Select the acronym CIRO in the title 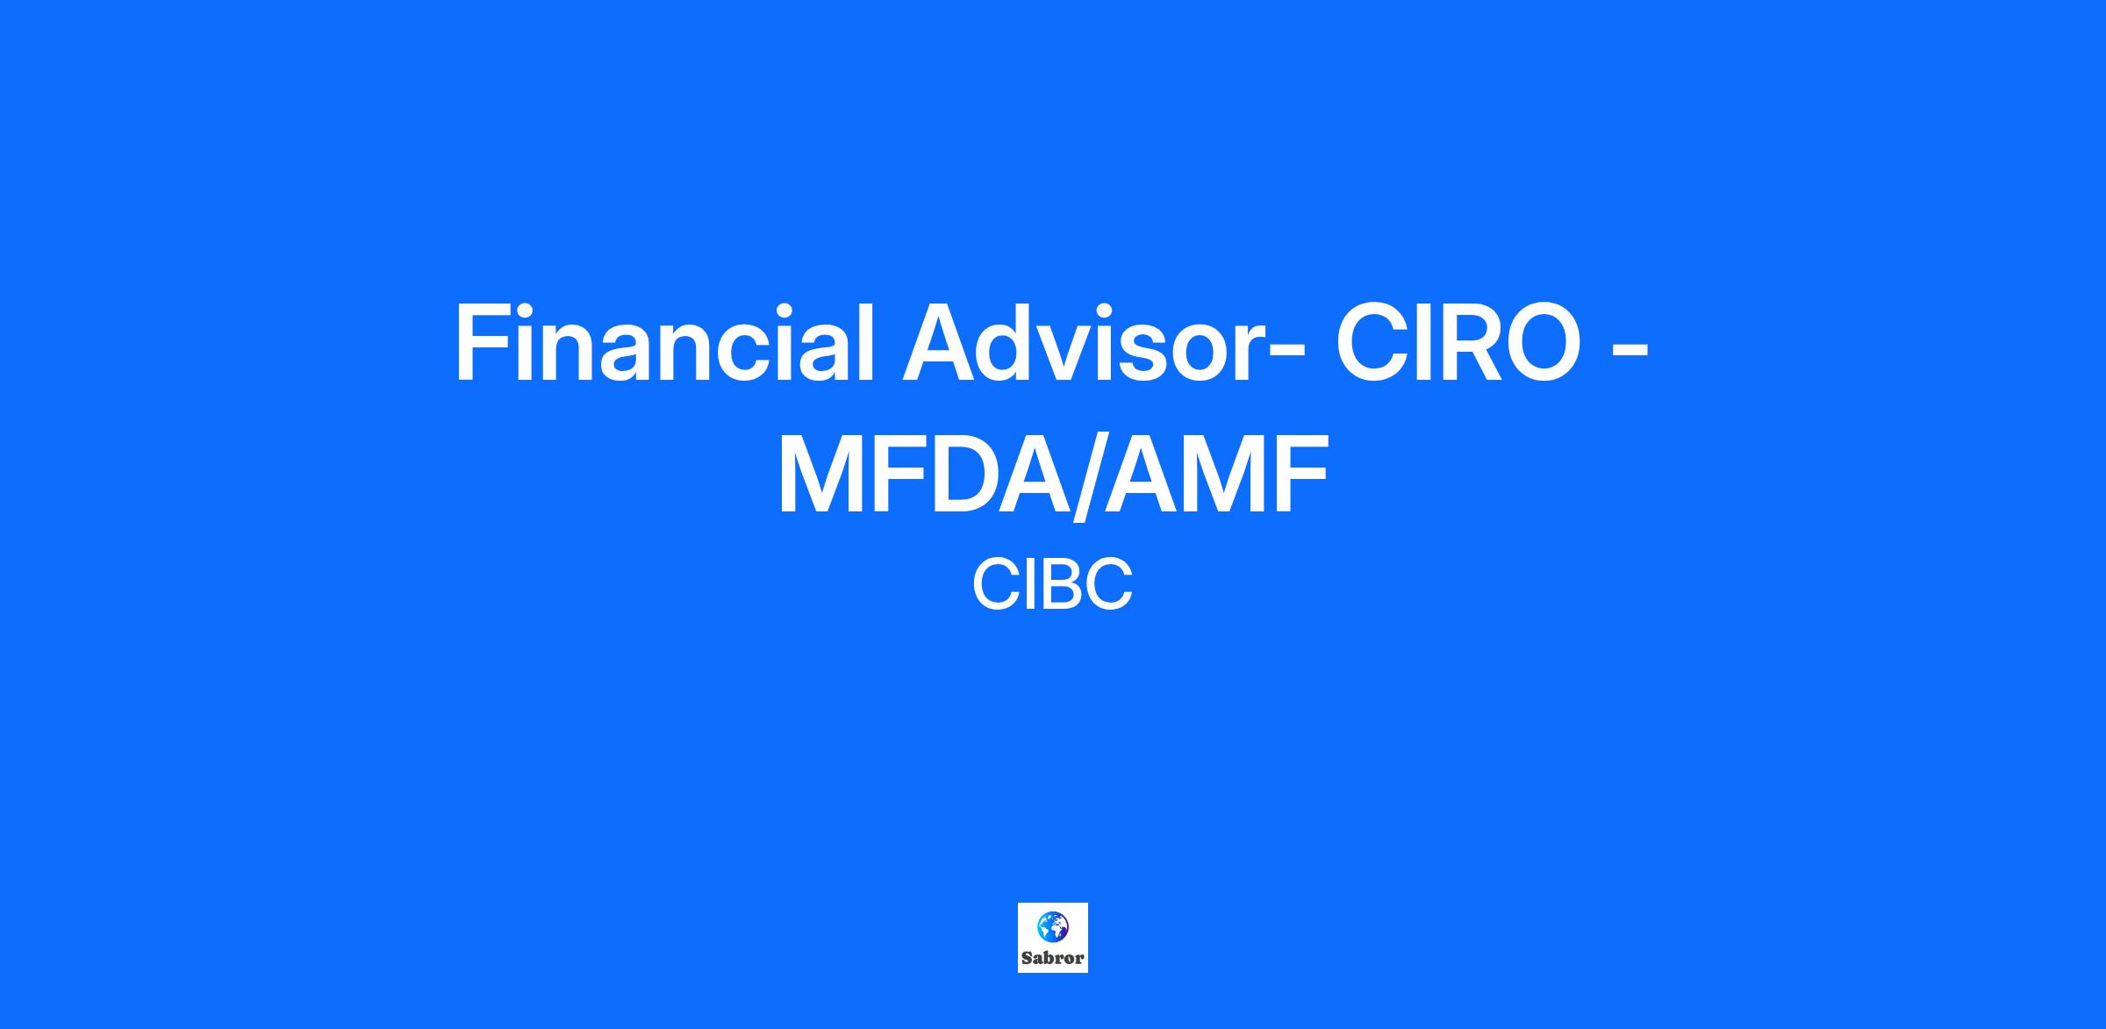pyautogui.click(x=1458, y=343)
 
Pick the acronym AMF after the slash pyautogui.click(x=1216, y=474)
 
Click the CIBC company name pyautogui.click(x=1052, y=585)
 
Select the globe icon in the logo pyautogui.click(x=1052, y=926)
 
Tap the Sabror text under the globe pyautogui.click(x=1052, y=958)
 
